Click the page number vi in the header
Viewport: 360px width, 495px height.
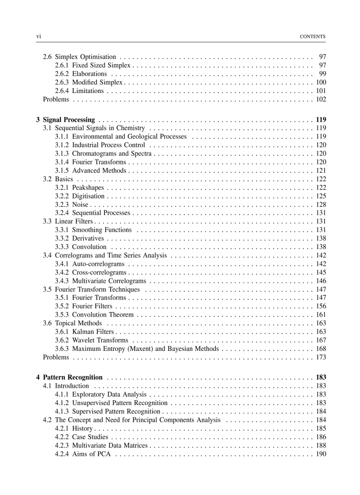pos(38,37)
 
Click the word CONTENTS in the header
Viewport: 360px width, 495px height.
pos(312,37)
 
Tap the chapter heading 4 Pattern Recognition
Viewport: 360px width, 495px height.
pos(69,377)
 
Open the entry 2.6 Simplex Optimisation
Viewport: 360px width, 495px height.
pos(79,57)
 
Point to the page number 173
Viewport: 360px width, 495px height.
pos(321,357)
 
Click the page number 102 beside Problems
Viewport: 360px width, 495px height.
pos(321,99)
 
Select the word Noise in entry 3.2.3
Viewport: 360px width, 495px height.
pos(80,205)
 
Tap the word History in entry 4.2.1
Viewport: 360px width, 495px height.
pos(82,428)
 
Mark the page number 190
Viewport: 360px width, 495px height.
pos(321,454)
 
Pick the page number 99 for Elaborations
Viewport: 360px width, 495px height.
pos(322,74)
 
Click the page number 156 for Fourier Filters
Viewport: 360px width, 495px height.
pos(321,306)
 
